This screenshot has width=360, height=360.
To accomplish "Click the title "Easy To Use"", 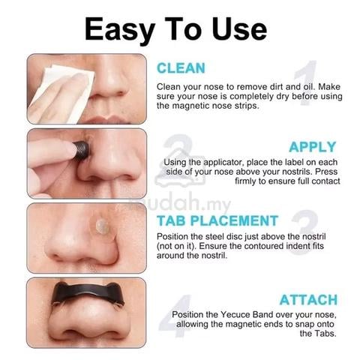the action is tap(175, 29).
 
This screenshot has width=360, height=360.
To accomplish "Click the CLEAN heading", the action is tap(181, 68).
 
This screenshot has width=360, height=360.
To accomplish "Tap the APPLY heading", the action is tap(312, 147).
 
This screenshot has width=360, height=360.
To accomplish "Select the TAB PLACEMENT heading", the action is tap(217, 220).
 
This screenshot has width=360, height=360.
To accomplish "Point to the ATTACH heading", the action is tap(308, 300).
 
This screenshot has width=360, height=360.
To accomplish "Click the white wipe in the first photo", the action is tap(62, 92).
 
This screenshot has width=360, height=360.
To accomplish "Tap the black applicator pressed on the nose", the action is tap(81, 150).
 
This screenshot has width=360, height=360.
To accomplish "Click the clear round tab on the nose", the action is tap(102, 225).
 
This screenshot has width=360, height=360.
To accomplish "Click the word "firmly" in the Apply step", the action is tap(245, 181).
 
